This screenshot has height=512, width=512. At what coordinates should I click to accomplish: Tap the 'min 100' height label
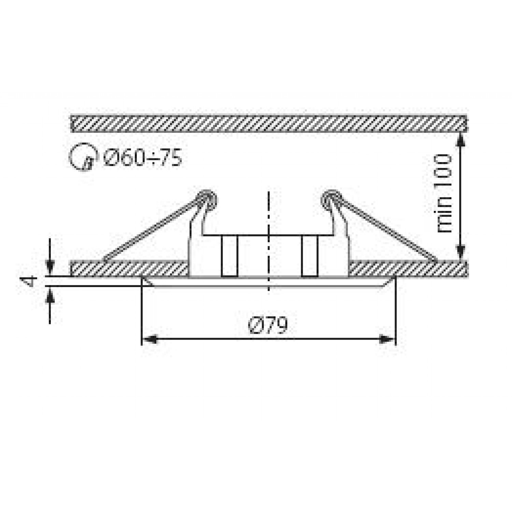[444, 194]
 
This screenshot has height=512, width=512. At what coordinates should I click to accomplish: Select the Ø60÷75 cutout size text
[143, 158]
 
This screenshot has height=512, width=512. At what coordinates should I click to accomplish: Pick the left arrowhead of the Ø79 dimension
[150, 340]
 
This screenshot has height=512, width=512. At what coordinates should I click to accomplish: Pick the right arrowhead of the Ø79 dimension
[388, 340]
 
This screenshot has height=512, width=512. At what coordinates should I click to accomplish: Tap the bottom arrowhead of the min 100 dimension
[461, 253]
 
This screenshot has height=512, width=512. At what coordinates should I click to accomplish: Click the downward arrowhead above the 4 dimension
[50, 268]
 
